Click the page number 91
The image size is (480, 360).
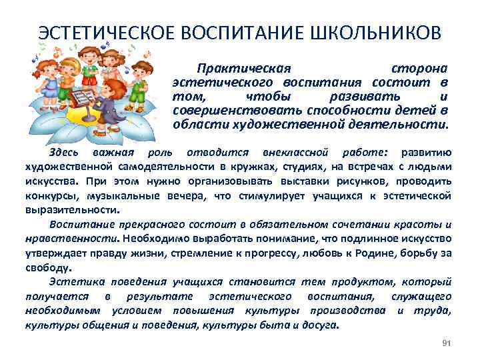tap(447, 343)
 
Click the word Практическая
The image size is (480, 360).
tap(244, 69)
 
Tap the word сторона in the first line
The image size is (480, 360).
tap(419, 69)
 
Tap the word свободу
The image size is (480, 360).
tap(47, 267)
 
